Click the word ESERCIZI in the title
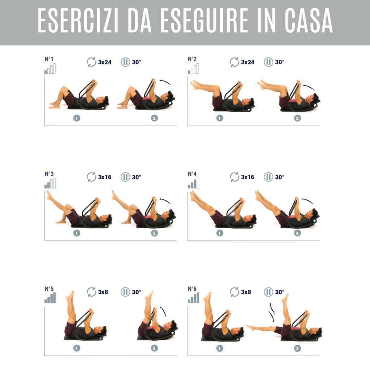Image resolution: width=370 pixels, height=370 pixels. (x=78, y=21)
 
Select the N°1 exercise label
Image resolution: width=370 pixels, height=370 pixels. (x=49, y=59)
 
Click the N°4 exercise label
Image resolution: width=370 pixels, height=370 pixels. (x=192, y=174)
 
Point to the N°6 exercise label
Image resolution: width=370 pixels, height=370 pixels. (x=192, y=289)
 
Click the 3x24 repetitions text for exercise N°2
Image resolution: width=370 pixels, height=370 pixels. (x=248, y=62)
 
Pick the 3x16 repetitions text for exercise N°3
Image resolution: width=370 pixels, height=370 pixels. (x=105, y=177)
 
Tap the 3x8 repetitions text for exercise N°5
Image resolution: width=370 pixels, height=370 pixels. (x=103, y=292)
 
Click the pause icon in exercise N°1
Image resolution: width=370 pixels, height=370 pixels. (x=125, y=62)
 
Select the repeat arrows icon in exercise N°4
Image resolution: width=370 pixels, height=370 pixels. (x=234, y=177)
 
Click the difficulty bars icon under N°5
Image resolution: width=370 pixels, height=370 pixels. (x=50, y=298)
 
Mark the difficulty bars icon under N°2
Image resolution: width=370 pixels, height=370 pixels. (x=193, y=68)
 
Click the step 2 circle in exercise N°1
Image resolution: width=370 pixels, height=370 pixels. (x=154, y=118)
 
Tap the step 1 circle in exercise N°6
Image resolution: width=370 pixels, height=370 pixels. (x=220, y=348)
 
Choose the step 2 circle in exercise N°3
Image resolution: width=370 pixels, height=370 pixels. (x=154, y=233)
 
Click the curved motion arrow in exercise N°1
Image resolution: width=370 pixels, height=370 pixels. (x=165, y=82)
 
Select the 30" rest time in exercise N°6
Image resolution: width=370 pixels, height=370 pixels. (x=280, y=292)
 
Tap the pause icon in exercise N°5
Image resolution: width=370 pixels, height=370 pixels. (x=125, y=292)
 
